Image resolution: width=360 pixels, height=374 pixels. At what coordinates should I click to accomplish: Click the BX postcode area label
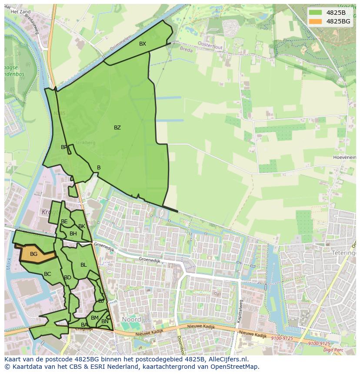143,44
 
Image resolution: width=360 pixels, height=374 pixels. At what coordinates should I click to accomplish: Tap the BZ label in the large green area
117,128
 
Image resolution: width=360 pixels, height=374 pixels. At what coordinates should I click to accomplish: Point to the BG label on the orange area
33,254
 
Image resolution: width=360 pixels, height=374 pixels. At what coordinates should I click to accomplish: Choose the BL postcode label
83,265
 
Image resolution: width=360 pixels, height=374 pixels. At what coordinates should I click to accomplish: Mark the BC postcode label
47,274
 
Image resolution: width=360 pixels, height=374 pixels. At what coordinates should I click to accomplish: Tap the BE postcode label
64,222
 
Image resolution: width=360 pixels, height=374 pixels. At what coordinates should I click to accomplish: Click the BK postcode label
82,226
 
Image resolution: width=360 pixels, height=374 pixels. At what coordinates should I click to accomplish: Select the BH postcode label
73,234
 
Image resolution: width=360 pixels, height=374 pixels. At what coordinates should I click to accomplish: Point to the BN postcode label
105,321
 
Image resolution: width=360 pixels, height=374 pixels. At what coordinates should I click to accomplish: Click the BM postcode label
95,318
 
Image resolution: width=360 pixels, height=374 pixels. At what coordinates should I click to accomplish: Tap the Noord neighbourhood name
131,319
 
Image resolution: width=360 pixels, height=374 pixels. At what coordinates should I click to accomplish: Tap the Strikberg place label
85,142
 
